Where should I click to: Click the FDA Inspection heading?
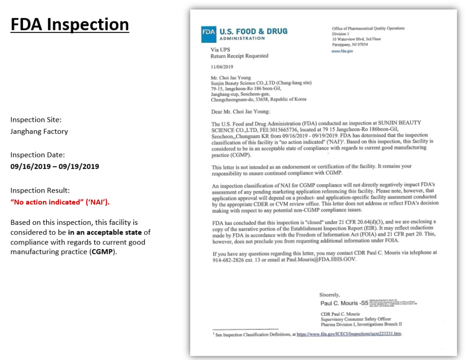coord(70,25)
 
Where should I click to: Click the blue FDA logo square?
coord(208,34)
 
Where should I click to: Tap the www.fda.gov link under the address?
coord(342,51)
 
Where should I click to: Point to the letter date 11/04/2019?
coord(222,67)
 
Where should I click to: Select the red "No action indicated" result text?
coord(60,202)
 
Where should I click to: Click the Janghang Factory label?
coord(39,132)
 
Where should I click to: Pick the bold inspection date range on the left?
coord(55,167)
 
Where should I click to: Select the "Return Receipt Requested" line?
coord(239,56)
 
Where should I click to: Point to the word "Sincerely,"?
coord(329,295)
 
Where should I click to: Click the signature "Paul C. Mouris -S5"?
coord(344,303)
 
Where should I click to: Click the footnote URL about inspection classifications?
coord(349,334)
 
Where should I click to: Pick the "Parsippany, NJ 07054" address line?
coord(350,45)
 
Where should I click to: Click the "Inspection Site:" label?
coord(36,120)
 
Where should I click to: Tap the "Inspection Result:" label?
coord(40,190)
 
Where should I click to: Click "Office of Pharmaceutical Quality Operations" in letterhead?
coord(368,28)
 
